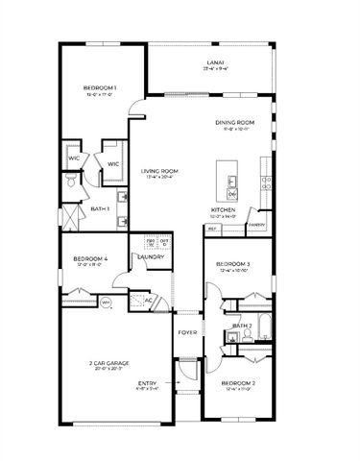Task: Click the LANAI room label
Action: click(215, 64)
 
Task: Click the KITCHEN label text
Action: click(224, 210)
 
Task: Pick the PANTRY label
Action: click(256, 225)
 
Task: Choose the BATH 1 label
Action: click(100, 208)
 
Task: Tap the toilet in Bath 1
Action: click(70, 180)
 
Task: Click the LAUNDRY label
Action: click(151, 256)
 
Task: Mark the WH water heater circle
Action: click(107, 303)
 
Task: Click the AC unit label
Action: click(150, 300)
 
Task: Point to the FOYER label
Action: click(187, 333)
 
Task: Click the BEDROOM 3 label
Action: click(233, 264)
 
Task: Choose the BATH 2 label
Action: click(241, 326)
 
